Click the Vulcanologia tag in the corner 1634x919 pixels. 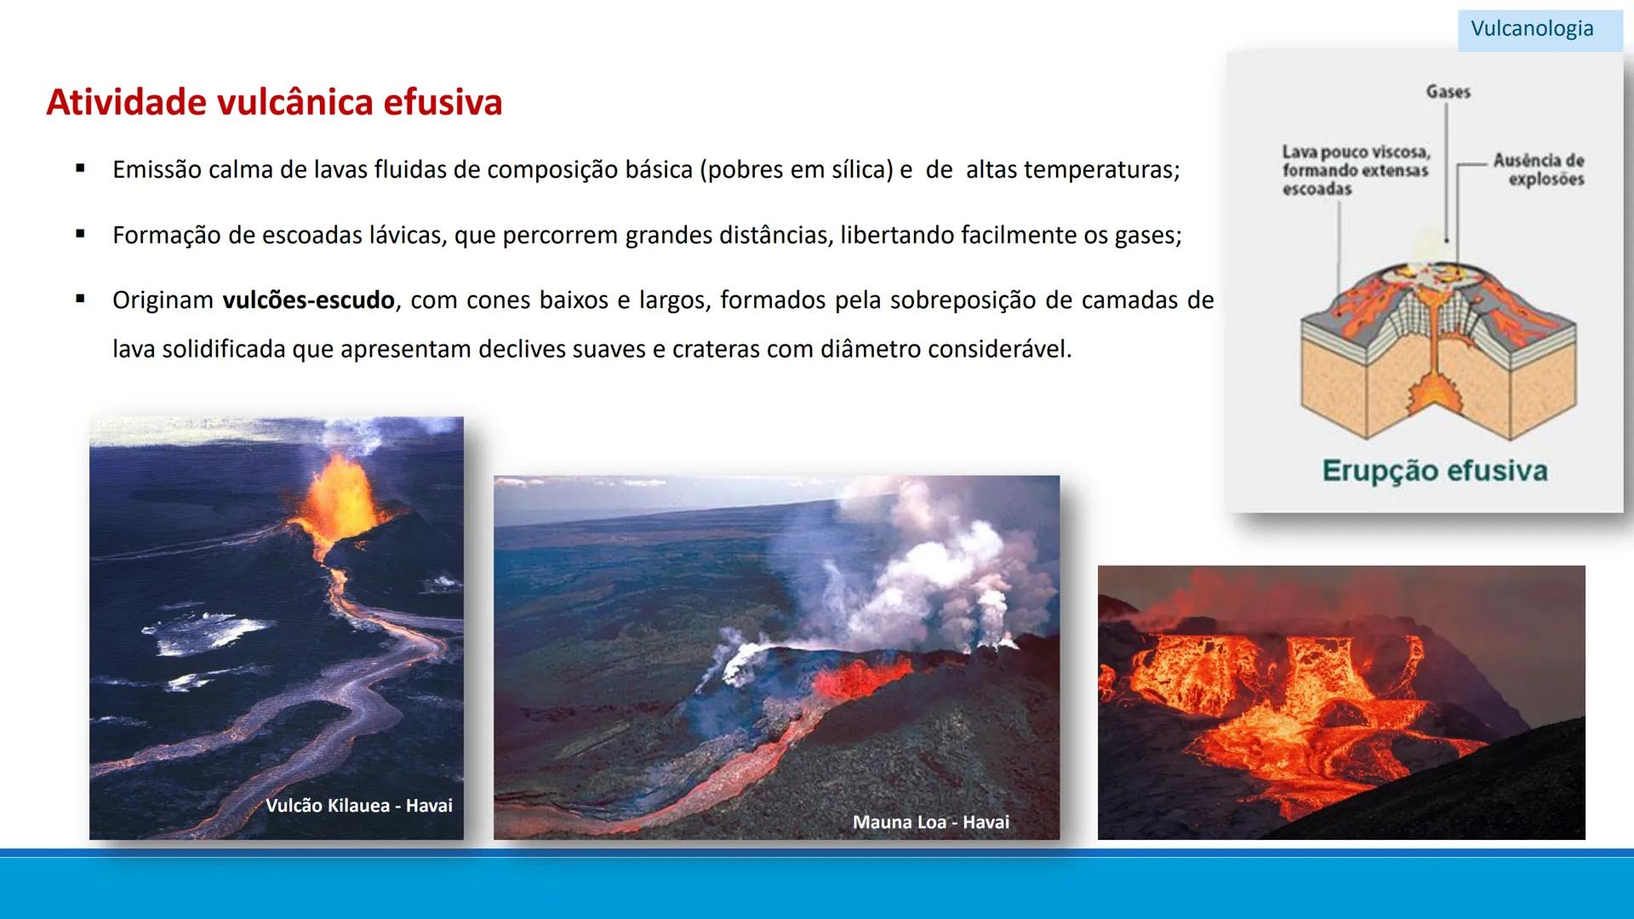tap(1532, 29)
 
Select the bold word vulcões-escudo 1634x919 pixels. tap(308, 300)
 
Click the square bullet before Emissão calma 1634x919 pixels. tap(80, 168)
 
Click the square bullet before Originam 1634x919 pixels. tap(80, 300)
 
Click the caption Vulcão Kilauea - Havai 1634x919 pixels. tap(358, 806)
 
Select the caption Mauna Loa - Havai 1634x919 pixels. tap(930, 823)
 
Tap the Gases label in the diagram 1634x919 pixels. tap(1448, 92)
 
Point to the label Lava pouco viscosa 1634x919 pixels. tap(1356, 153)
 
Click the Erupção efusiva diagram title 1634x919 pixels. tap(1435, 471)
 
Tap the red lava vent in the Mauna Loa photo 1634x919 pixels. tap(855, 681)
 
